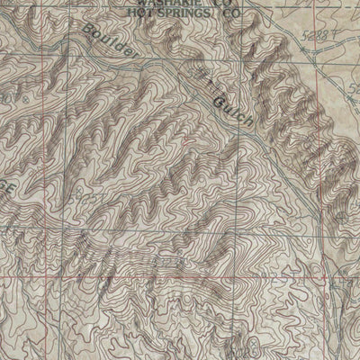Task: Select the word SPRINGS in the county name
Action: pos(184,14)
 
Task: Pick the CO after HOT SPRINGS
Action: pos(231,14)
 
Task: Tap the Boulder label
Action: pos(112,45)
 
